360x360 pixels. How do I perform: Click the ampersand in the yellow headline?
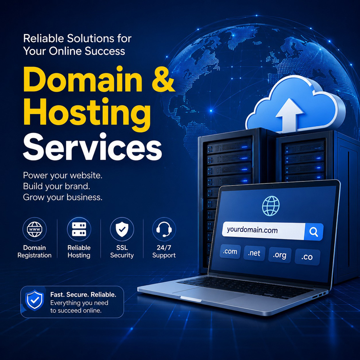pyautogui.click(x=164, y=80)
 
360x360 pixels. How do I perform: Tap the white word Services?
pyautogui.click(x=93, y=147)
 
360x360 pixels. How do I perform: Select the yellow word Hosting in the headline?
pyautogui.click(x=87, y=114)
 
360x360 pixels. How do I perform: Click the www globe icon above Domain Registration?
pyautogui.click(x=35, y=229)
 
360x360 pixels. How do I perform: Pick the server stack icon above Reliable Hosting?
pyautogui.click(x=79, y=229)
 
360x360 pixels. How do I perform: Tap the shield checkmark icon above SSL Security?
pyautogui.click(x=122, y=229)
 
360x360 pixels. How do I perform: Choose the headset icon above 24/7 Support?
pyautogui.click(x=164, y=229)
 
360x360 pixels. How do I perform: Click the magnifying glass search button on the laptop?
pyautogui.click(x=313, y=232)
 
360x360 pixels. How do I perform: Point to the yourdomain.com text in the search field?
pyautogui.click(x=252, y=230)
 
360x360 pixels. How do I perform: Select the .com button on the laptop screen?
pyautogui.click(x=230, y=252)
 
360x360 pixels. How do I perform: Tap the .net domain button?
pyautogui.click(x=254, y=253)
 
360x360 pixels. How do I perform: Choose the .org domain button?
pyautogui.click(x=280, y=255)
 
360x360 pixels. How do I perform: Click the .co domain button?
pyautogui.click(x=307, y=257)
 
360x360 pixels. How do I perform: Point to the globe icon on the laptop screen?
pyautogui.click(x=271, y=206)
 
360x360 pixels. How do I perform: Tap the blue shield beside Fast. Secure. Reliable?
pyautogui.click(x=35, y=300)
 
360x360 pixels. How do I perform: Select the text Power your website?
pyautogui.click(x=62, y=175)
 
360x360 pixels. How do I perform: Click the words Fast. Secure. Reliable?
pyautogui.click(x=83, y=295)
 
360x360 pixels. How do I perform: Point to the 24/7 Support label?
pyautogui.click(x=164, y=252)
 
